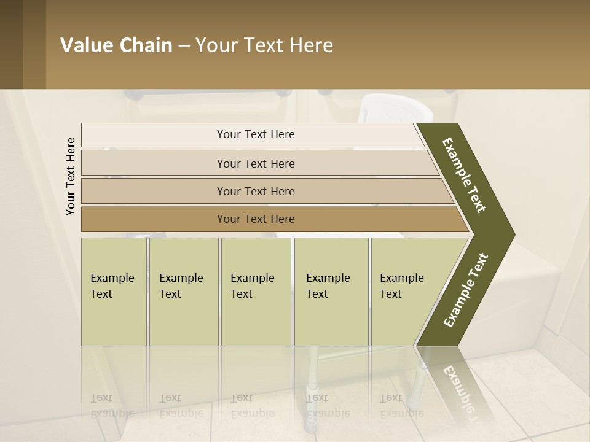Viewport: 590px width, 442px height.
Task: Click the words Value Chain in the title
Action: (116, 45)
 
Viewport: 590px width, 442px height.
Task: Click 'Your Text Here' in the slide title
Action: (264, 45)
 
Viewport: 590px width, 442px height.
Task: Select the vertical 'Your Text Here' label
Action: (71, 176)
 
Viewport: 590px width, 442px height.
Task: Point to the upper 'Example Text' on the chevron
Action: (464, 175)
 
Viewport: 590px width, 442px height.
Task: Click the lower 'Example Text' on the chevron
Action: (466, 290)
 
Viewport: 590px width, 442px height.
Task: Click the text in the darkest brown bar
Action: (256, 219)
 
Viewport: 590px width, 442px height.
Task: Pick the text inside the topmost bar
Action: (256, 134)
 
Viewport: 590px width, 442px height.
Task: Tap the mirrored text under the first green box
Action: (112, 406)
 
